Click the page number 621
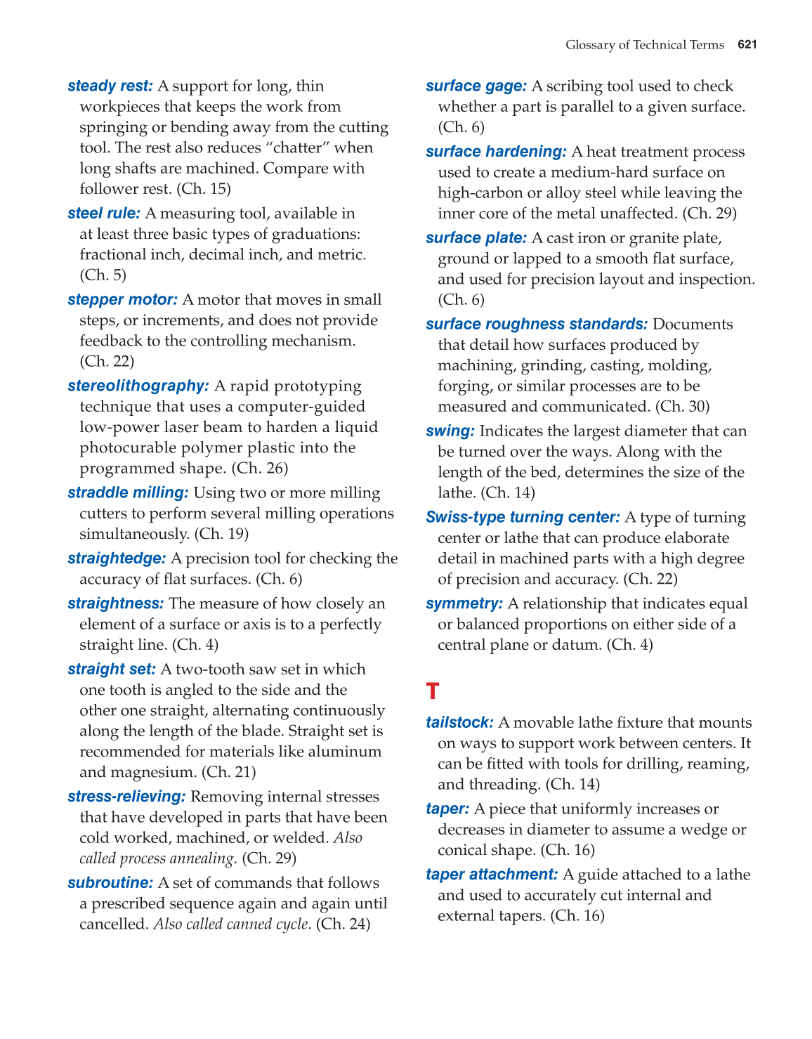(747, 45)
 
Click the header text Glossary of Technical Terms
(644, 45)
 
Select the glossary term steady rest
(110, 86)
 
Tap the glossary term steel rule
(103, 214)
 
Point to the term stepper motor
(122, 300)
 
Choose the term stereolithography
(138, 386)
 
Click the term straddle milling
(128, 493)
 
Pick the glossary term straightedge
(117, 558)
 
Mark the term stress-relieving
(126, 797)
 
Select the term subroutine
(110, 883)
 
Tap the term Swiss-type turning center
(523, 518)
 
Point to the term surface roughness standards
(537, 325)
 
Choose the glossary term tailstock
(459, 723)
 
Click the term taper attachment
(492, 875)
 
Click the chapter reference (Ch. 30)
(682, 407)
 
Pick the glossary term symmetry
(464, 604)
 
